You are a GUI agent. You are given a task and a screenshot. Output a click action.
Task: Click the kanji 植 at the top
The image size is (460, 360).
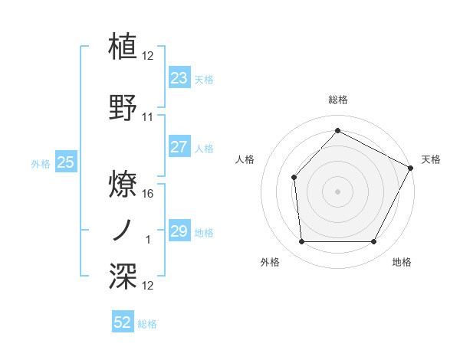click(123, 45)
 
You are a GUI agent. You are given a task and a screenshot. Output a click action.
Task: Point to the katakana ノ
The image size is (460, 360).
click(123, 229)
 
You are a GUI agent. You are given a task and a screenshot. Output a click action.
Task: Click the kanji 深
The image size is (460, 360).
click(123, 275)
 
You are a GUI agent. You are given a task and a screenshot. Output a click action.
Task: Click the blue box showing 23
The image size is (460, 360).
click(179, 78)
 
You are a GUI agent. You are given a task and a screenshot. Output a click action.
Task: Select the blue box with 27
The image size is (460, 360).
click(179, 148)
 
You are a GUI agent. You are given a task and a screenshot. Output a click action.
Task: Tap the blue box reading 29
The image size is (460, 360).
click(179, 231)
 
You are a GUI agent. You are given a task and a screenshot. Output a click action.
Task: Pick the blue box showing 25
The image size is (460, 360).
click(65, 162)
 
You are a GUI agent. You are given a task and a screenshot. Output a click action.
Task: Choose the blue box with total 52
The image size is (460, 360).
click(123, 322)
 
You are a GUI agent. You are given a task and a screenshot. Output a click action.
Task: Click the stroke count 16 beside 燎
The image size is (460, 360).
click(149, 194)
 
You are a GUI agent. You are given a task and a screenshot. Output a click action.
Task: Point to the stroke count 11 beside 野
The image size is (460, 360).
click(148, 118)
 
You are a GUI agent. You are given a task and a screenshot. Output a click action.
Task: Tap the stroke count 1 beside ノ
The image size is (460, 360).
click(148, 241)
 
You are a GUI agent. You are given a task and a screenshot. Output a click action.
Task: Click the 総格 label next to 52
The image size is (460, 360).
click(147, 324)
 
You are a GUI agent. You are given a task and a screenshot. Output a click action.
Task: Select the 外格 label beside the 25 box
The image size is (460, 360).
click(41, 164)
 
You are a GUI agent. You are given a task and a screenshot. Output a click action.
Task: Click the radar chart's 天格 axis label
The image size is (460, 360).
click(431, 159)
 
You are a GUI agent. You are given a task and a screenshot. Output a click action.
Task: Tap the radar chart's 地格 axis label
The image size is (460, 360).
click(402, 262)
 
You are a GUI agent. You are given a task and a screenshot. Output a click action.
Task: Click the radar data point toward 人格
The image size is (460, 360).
click(294, 178)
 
